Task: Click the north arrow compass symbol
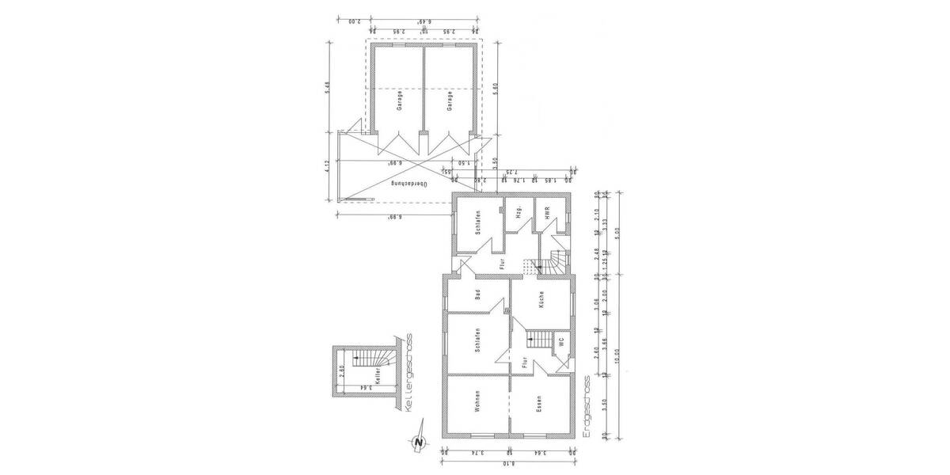420,442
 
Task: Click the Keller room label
379,372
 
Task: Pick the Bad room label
478,295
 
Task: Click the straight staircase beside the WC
538,340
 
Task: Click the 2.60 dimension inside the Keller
342,369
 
